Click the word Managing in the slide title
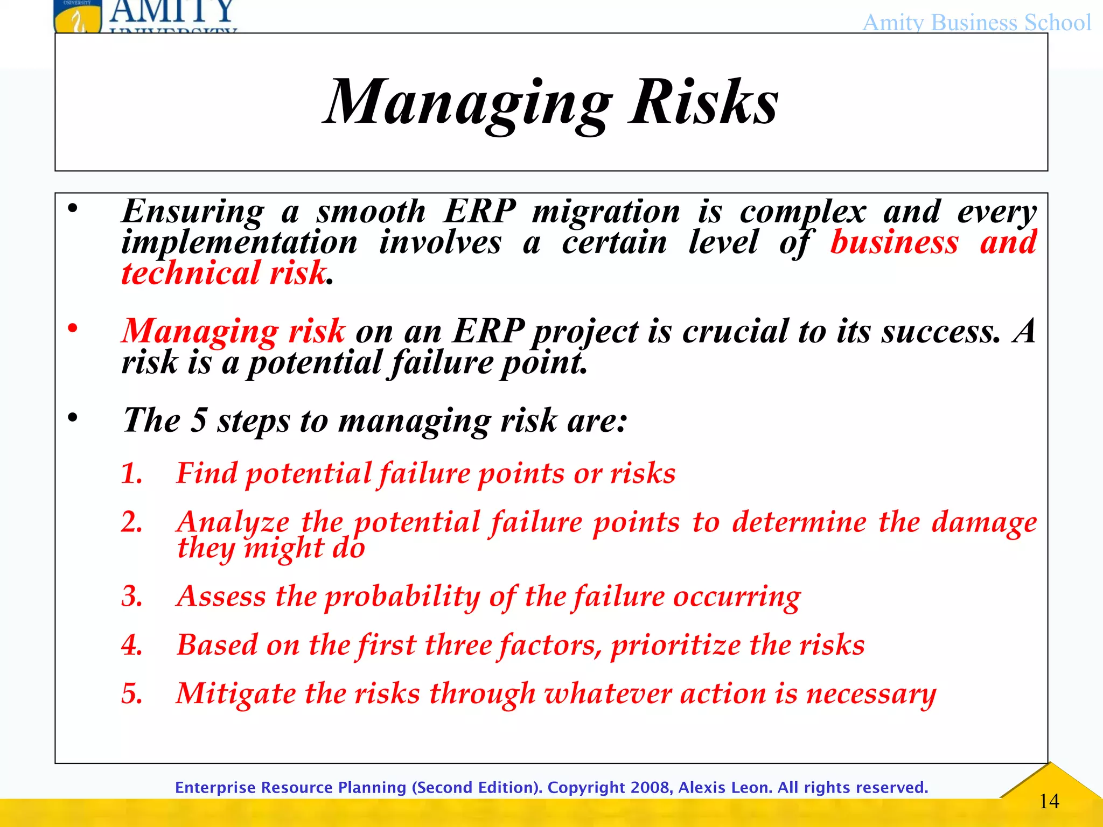[x=467, y=102]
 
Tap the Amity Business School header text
[x=976, y=23]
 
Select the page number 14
[x=1049, y=801]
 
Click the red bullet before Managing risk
[x=73, y=328]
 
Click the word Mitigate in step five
[x=235, y=693]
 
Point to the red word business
[x=894, y=242]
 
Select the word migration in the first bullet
[x=606, y=211]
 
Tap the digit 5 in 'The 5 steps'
[x=199, y=420]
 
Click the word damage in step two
[x=984, y=522]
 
